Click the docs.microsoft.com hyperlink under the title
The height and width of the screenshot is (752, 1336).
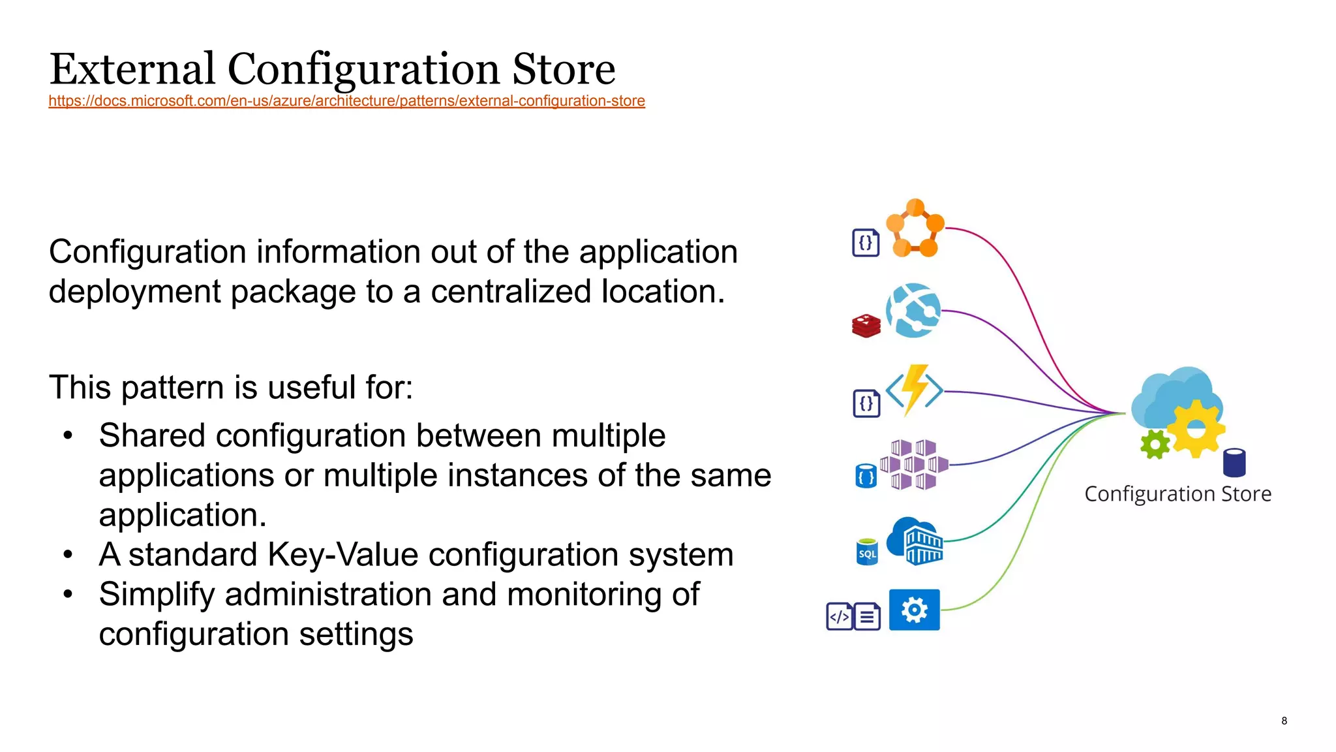coord(346,101)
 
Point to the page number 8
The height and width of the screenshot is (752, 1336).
coord(1284,721)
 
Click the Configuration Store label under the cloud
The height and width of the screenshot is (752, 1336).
coord(1177,494)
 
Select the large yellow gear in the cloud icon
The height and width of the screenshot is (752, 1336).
coord(1195,429)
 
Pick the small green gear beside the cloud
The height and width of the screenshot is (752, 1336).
coord(1155,445)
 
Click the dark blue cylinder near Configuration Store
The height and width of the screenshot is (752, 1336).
coord(1234,463)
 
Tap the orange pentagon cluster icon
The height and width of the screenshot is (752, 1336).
coord(915,228)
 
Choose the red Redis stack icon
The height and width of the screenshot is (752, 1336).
coord(866,326)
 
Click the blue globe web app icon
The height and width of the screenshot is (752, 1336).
coord(913,311)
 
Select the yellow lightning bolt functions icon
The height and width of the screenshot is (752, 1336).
coord(915,390)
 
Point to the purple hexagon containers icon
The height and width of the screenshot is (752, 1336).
coord(914,465)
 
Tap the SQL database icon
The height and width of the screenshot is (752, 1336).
coord(867,552)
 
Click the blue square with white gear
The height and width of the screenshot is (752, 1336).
coord(915,610)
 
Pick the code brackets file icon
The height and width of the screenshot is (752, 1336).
coord(839,616)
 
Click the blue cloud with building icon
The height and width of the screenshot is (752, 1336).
coord(915,541)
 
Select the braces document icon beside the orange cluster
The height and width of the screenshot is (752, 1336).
coord(866,243)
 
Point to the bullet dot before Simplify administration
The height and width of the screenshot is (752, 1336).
coord(68,594)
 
